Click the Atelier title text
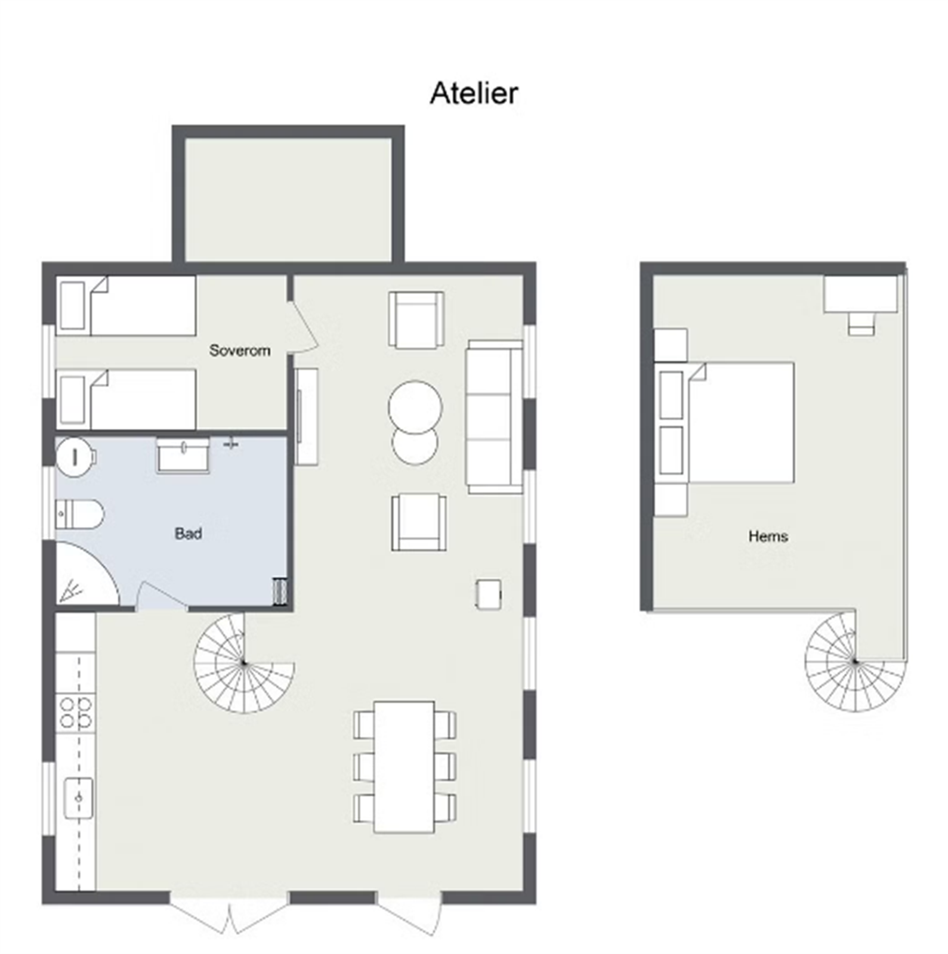click(x=474, y=94)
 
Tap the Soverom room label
click(x=239, y=351)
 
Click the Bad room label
click(x=188, y=534)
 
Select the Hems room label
click(x=768, y=537)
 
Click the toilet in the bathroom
click(x=80, y=515)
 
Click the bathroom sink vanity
click(x=183, y=456)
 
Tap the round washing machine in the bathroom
click(x=75, y=457)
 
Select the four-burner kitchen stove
click(x=76, y=713)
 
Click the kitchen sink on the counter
click(x=78, y=798)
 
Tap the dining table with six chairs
click(x=404, y=767)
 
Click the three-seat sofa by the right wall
click(x=494, y=417)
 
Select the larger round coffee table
click(x=415, y=407)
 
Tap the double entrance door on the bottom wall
click(x=230, y=914)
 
